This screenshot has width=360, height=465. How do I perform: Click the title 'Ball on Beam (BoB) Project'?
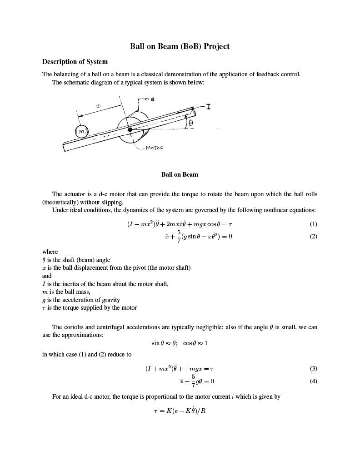click(x=180, y=46)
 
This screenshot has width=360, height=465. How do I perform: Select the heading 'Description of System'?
click(x=75, y=62)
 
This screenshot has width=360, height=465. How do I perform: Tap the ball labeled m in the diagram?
click(x=81, y=132)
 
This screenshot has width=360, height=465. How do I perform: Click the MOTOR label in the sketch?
click(x=155, y=148)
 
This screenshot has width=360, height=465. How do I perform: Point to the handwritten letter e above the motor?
click(x=152, y=99)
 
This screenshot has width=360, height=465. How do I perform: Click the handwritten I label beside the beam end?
click(x=208, y=106)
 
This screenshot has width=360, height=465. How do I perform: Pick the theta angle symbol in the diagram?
click(x=190, y=123)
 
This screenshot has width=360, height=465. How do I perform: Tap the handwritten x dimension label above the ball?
click(x=98, y=106)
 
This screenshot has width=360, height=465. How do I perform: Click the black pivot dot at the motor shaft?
click(x=130, y=130)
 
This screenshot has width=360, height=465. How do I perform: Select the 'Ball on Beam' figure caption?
click(x=180, y=174)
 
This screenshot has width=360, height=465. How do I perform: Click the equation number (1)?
click(x=313, y=224)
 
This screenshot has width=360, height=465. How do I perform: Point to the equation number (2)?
click(x=313, y=236)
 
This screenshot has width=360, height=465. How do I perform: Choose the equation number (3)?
click(x=313, y=368)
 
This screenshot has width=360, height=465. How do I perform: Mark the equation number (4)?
click(x=313, y=381)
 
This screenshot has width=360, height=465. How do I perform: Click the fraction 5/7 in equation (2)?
click(x=179, y=236)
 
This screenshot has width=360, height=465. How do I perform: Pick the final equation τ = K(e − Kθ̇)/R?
click(x=180, y=411)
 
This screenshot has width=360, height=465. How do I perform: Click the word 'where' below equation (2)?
click(x=50, y=252)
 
